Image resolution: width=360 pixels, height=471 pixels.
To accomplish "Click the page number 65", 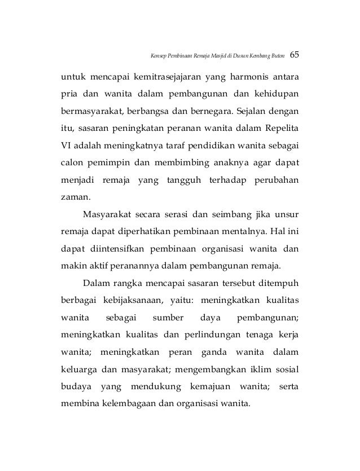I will pyautogui.click(x=294, y=56).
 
